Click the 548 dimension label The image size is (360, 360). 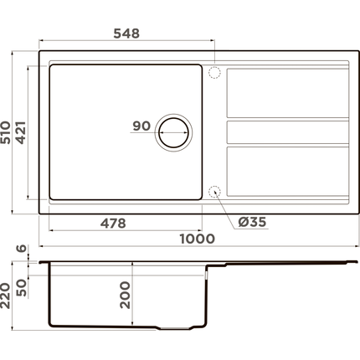[126, 33]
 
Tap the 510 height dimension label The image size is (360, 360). [6, 132]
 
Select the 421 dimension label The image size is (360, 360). [21, 132]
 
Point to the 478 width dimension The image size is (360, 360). [113, 224]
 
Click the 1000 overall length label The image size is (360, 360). [198, 239]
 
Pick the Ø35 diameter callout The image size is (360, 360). [252, 222]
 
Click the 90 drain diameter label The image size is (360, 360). [141, 126]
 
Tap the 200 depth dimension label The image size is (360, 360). [126, 295]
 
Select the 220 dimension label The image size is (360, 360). [5, 296]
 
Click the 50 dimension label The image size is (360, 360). [21, 288]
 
